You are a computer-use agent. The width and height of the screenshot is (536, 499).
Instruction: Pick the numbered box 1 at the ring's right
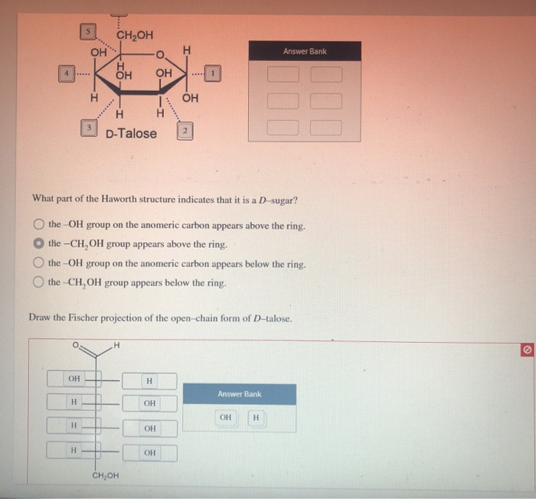click(214, 74)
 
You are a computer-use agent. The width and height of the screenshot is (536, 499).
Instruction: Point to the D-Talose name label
click(131, 134)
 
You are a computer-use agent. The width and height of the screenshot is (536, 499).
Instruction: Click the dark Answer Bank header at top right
click(304, 51)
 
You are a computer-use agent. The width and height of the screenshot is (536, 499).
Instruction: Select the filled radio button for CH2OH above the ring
click(38, 243)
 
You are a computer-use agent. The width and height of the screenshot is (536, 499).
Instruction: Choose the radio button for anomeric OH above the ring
click(38, 225)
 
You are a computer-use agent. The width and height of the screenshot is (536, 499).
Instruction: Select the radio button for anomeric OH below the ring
click(38, 263)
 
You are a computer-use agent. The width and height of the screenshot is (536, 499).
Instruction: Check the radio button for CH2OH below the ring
click(38, 282)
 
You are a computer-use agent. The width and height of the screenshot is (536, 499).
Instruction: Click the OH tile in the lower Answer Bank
click(225, 418)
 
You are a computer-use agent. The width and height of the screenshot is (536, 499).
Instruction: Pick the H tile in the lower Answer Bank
click(256, 418)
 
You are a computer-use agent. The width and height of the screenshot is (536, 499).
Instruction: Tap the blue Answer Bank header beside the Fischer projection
click(239, 394)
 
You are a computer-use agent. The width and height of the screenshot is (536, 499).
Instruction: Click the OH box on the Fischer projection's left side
click(74, 378)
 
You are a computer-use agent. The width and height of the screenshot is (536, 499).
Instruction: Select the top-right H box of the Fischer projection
click(149, 380)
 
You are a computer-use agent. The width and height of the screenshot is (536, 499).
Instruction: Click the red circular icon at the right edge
click(526, 349)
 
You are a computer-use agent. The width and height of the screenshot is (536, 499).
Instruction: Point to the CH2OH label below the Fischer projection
click(105, 475)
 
